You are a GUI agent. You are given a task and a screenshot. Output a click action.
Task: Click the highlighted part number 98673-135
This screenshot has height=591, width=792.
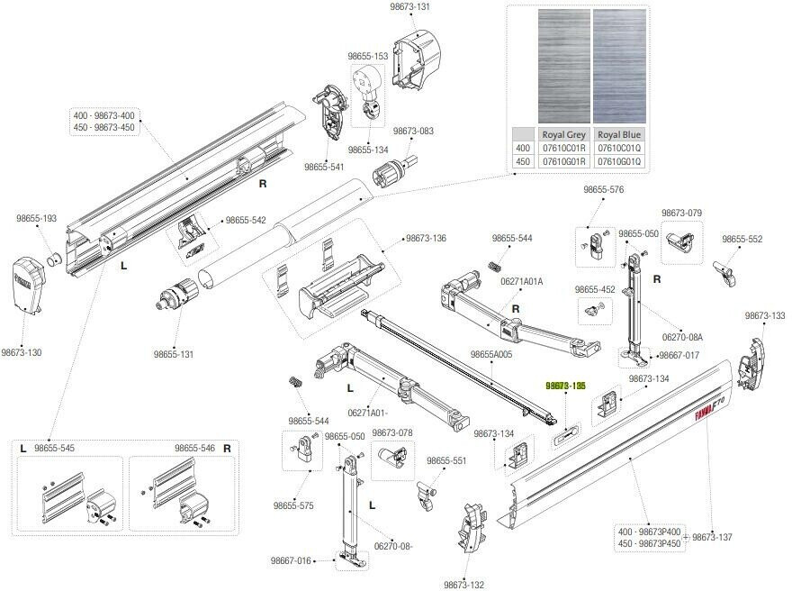click(x=566, y=385)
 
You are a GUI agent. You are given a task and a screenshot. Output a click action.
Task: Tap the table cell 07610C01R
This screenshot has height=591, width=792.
click(x=563, y=148)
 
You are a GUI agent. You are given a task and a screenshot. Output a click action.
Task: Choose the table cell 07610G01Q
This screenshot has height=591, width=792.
click(x=619, y=161)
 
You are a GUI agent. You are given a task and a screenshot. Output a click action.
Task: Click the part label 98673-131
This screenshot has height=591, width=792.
click(x=409, y=6)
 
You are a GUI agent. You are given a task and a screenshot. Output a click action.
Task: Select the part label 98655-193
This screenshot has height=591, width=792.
click(x=36, y=218)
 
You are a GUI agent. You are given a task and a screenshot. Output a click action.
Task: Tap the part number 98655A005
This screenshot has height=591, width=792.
click(x=490, y=354)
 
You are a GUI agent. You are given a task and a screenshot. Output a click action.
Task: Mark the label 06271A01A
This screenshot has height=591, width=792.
click(x=522, y=281)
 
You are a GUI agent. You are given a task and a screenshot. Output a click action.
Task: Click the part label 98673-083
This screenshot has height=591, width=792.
click(x=413, y=131)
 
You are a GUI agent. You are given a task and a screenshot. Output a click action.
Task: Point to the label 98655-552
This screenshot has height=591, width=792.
click(x=742, y=240)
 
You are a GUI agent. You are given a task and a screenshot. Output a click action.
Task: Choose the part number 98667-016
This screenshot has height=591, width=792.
click(x=290, y=560)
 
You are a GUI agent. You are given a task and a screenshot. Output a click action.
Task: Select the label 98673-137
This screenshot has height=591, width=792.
click(x=713, y=537)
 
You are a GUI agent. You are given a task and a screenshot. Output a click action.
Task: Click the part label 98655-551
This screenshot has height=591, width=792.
click(x=446, y=460)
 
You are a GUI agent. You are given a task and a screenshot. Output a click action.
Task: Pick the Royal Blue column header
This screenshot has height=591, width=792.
click(x=619, y=134)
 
